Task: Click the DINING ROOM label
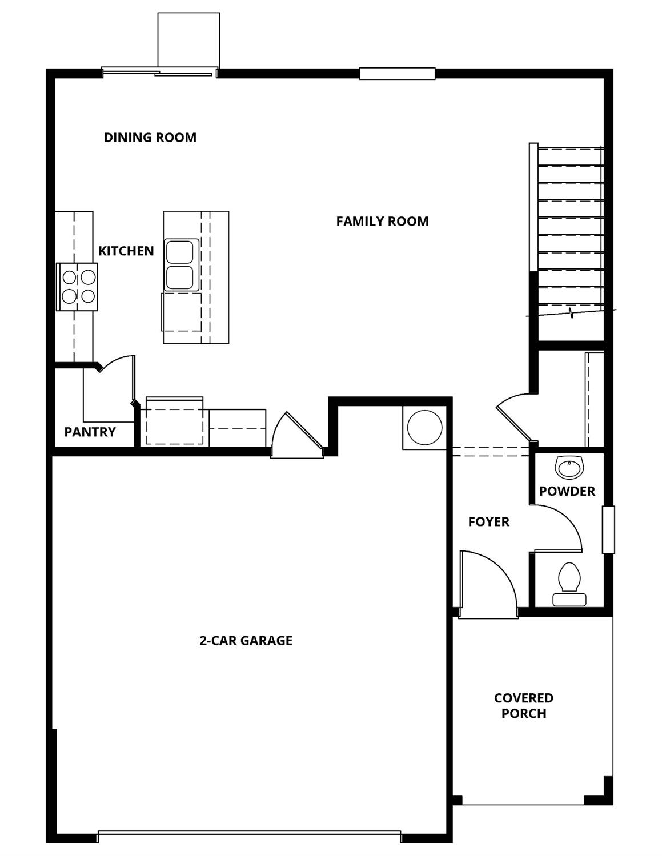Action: click(150, 137)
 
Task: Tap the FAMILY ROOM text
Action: click(382, 221)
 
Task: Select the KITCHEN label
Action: click(126, 251)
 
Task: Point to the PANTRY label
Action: click(90, 432)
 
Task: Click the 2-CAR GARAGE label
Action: click(246, 640)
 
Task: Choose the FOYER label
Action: click(488, 521)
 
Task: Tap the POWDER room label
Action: click(567, 491)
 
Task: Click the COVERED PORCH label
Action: click(523, 705)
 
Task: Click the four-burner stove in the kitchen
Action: click(78, 287)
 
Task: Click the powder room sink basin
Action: click(569, 468)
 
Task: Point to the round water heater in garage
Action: click(424, 427)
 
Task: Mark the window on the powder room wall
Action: click(608, 529)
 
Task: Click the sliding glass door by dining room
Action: click(158, 72)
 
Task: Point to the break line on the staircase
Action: click(571, 312)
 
